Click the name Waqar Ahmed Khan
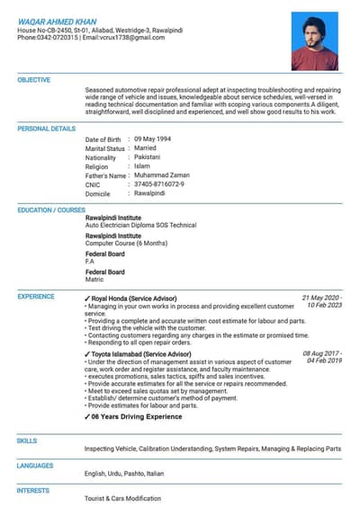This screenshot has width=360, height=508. click(58, 19)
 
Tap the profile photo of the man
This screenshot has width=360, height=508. click(314, 40)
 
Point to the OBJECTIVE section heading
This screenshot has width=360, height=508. click(34, 80)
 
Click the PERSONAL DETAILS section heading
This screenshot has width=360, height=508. click(47, 129)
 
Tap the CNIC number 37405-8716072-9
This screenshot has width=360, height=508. click(159, 184)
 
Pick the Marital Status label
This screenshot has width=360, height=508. click(105, 148)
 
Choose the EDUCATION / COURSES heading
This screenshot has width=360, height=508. click(51, 209)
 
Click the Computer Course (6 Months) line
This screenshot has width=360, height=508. click(126, 243)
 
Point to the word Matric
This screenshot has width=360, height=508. click(94, 280)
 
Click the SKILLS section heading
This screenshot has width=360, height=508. click(27, 441)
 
